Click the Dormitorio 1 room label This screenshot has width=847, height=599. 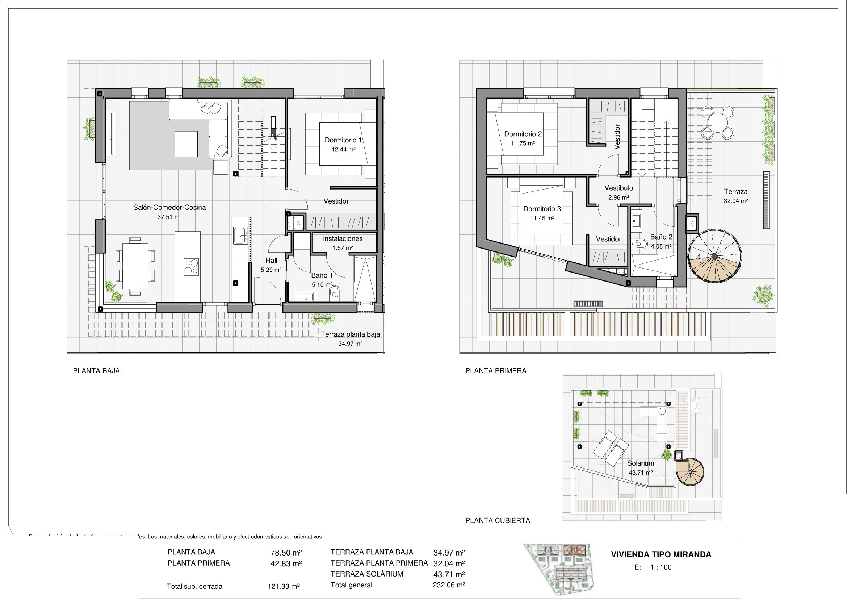(x=343, y=140)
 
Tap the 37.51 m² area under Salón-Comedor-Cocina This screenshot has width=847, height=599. (x=169, y=217)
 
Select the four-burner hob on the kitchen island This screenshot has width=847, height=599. (x=192, y=267)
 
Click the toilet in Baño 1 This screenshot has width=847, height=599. (x=335, y=292)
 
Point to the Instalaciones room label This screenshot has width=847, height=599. (x=343, y=239)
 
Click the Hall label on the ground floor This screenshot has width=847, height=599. (x=271, y=261)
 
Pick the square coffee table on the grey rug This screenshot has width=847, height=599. (x=186, y=144)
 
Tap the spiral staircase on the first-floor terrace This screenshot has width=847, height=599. (x=714, y=256)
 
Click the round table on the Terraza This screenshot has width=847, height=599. (x=717, y=122)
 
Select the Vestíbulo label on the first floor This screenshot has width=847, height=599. (x=619, y=188)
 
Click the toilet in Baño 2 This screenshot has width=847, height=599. (x=641, y=244)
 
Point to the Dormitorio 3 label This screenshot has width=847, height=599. (x=542, y=209)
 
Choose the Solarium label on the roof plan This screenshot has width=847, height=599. (x=641, y=463)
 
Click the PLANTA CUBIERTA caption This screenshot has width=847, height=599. (x=498, y=520)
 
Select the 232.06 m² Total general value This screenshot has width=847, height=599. (x=449, y=585)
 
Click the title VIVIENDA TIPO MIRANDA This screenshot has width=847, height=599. (x=661, y=554)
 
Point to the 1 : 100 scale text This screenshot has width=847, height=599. (x=661, y=567)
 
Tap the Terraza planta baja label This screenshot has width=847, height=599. (x=350, y=334)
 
